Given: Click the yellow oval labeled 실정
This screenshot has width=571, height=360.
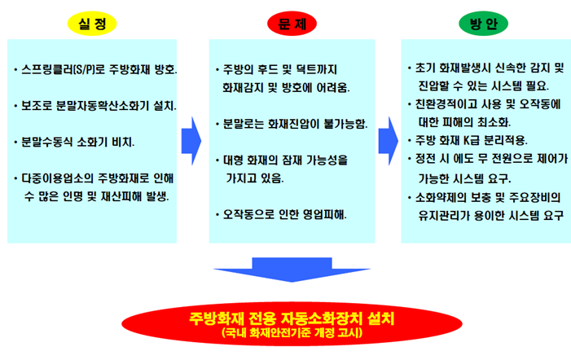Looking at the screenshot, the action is click(92, 24).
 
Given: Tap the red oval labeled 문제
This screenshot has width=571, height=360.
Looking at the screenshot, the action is click(292, 24).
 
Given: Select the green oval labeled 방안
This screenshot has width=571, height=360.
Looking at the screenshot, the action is click(483, 24).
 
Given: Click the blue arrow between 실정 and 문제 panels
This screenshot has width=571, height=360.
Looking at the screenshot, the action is click(191, 141).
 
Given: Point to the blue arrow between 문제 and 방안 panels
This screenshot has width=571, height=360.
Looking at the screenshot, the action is click(389, 141).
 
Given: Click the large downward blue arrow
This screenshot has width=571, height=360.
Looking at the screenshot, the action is click(292, 270).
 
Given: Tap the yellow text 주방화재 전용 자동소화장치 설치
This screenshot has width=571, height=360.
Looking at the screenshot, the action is click(292, 318).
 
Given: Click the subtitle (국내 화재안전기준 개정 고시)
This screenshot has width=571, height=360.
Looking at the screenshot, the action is click(292, 332).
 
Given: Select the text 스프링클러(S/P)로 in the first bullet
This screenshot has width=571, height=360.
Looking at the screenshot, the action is click(64, 69).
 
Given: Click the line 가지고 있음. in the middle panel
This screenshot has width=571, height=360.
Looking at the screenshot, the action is click(254, 178).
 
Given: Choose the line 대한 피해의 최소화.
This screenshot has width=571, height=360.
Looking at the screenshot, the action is click(464, 122).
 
